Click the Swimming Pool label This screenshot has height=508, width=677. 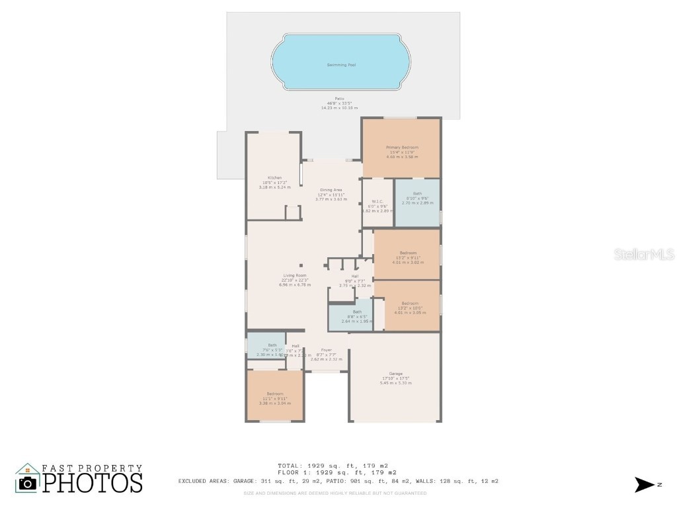click(x=341, y=65)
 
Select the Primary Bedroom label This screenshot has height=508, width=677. click(x=402, y=147)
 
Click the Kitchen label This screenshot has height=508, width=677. click(x=274, y=177)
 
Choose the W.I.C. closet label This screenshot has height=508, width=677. click(x=378, y=201)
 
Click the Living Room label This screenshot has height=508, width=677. click(x=295, y=275)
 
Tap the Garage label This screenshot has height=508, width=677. click(x=395, y=374)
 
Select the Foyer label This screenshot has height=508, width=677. click(x=327, y=350)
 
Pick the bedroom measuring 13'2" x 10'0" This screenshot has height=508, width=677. click(x=410, y=304)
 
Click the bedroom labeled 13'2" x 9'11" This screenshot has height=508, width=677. click(x=408, y=253)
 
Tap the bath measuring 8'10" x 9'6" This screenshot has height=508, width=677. click(x=417, y=194)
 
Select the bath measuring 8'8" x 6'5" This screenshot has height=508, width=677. click(x=357, y=312)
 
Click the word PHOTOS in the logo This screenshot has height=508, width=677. click(x=93, y=482)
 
